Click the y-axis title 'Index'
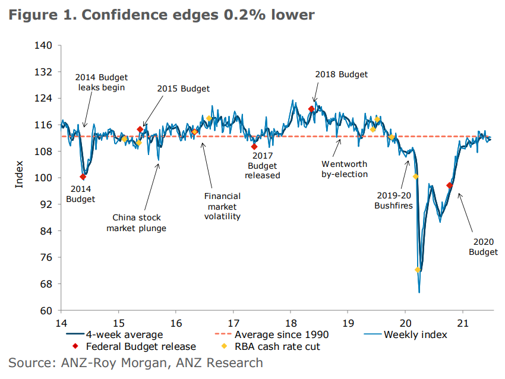click(20, 174)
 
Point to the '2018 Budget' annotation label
click(341, 75)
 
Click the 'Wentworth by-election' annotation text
click(345, 169)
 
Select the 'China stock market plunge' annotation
click(136, 223)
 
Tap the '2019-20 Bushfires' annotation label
click(394, 200)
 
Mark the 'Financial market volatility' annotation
click(222, 206)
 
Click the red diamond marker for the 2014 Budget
click(83, 176)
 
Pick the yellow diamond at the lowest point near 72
click(418, 270)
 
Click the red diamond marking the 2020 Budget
click(450, 185)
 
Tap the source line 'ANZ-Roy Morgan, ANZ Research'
click(135, 362)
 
